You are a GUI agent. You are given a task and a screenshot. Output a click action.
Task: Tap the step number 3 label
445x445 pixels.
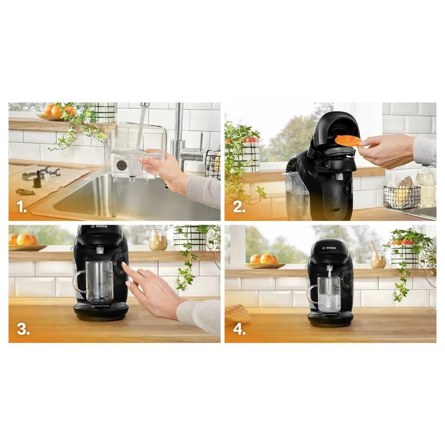coord(23,329)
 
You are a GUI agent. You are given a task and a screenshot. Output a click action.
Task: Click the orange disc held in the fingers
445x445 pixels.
coord(348,141)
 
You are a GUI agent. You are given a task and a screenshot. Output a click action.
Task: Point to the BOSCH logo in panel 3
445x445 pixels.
coord(101,227)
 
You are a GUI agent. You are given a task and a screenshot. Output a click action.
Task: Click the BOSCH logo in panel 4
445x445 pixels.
coord(330,248)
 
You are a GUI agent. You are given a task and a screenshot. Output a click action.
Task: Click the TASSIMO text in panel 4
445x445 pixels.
coord(330,315)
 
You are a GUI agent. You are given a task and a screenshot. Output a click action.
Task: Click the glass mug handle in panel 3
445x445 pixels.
coord(78,282)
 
